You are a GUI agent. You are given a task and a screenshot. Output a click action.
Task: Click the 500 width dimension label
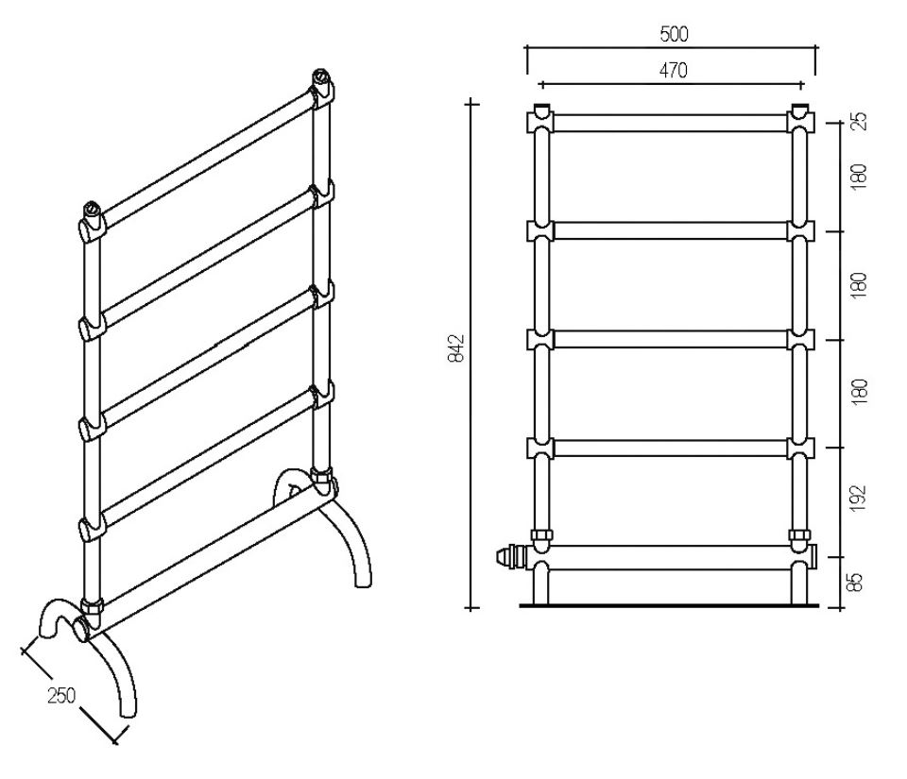coord(674,35)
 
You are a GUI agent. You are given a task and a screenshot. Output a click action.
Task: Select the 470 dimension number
coord(674,71)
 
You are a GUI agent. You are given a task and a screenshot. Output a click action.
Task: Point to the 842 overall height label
coord(456,347)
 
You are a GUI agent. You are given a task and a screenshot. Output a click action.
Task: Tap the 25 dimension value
coord(860,120)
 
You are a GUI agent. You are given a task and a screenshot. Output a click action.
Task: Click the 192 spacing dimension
coord(859,498)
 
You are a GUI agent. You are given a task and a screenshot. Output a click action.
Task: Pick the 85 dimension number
coord(858,582)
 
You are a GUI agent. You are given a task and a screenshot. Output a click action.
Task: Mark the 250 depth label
coord(61,695)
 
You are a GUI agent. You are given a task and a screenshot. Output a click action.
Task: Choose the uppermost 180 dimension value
coord(859,176)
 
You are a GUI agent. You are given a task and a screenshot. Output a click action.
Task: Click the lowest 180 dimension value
coord(860,392)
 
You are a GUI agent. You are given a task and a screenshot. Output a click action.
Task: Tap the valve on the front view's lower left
coord(511,557)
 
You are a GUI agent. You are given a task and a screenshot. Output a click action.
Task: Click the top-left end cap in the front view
coord(540,109)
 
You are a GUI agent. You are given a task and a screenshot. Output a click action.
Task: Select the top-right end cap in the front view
coord(800,109)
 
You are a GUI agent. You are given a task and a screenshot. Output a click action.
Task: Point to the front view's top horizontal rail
coord(671,123)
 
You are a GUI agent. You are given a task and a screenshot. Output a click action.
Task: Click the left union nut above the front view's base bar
coord(540,534)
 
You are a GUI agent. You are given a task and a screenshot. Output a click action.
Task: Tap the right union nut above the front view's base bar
coord(799,534)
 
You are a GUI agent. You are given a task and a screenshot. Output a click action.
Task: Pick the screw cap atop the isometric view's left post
coord(92,208)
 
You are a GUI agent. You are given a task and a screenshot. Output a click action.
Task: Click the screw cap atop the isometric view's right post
coord(320,76)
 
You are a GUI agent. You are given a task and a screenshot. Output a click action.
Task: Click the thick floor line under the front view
coord(669,605)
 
